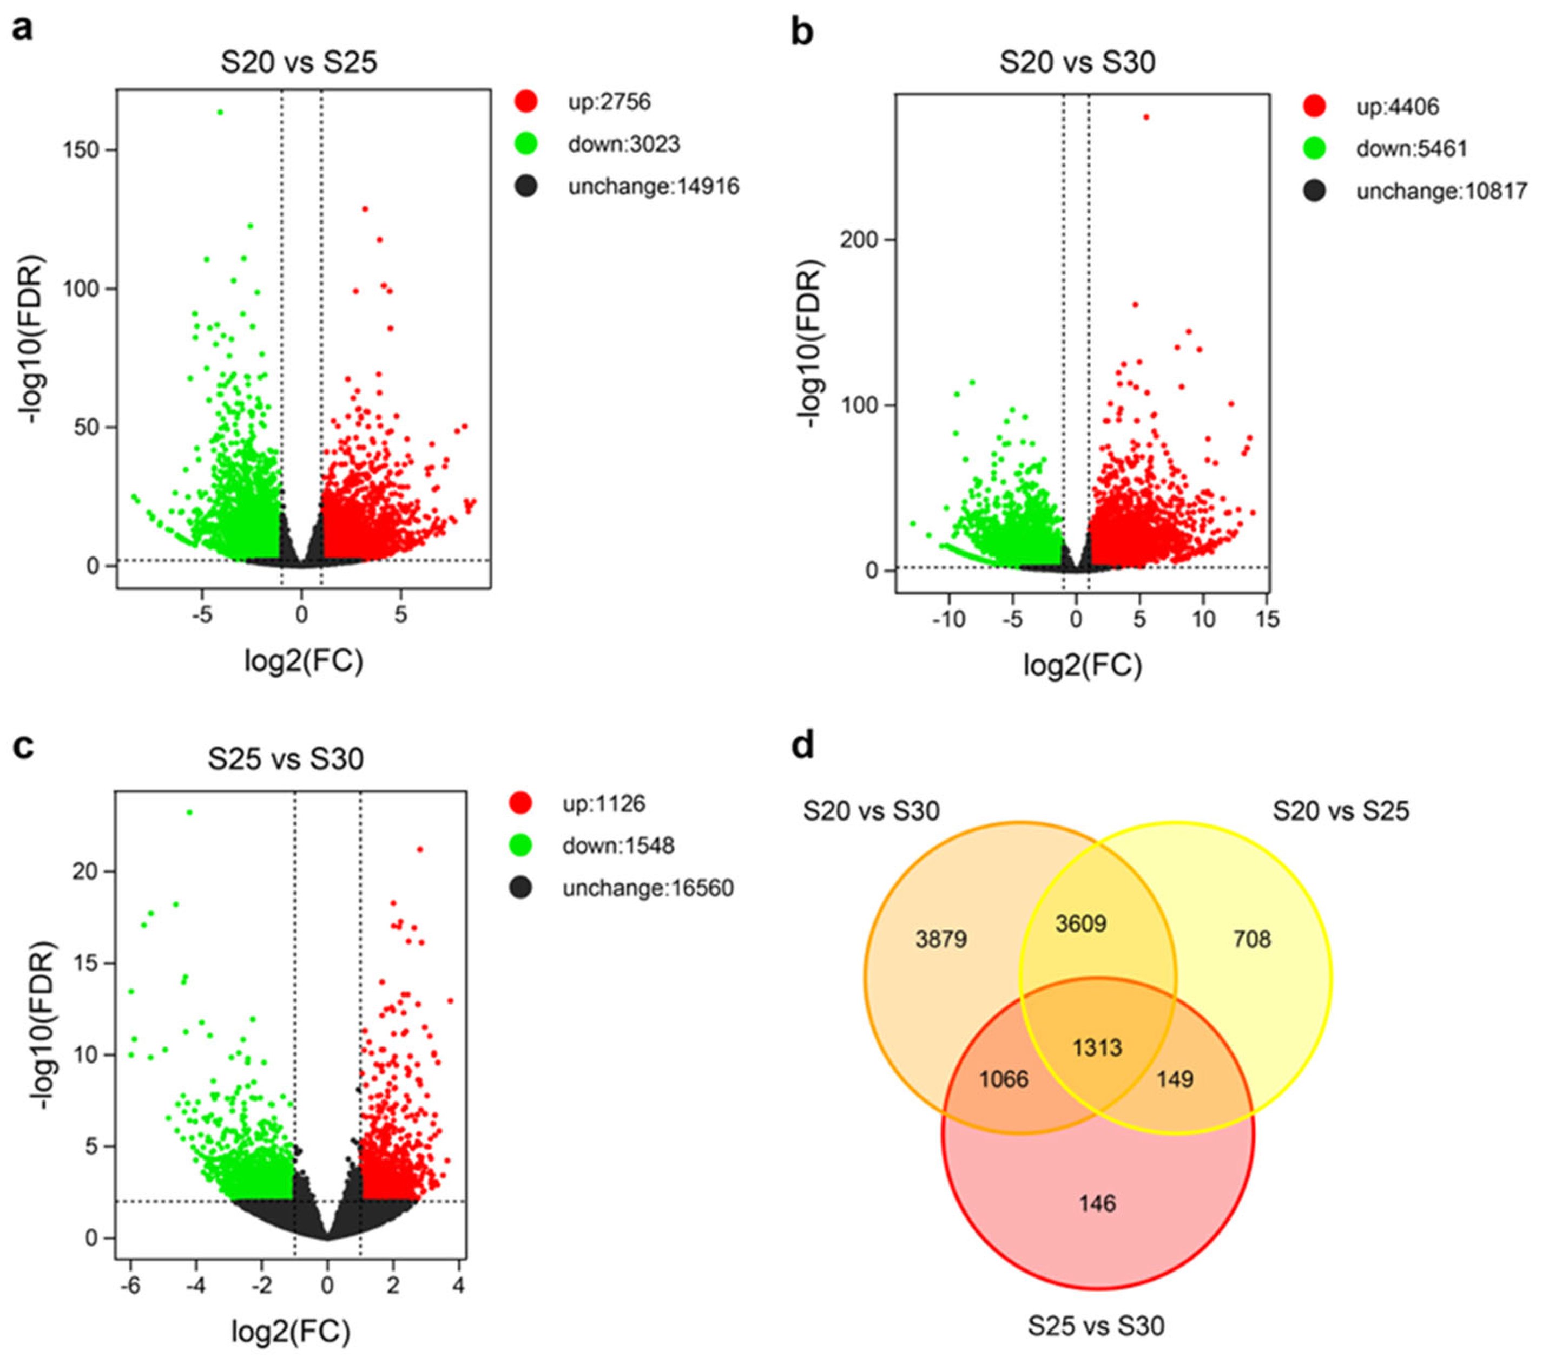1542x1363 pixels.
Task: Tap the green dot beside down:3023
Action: pyautogui.click(x=526, y=143)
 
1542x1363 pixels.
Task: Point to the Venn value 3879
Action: pyautogui.click(x=941, y=939)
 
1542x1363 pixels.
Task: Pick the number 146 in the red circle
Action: pyautogui.click(x=1097, y=1203)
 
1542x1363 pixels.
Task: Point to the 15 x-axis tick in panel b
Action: pyautogui.click(x=1267, y=620)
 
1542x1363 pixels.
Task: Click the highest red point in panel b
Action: pyautogui.click(x=1146, y=117)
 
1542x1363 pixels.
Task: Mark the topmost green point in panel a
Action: pyautogui.click(x=220, y=113)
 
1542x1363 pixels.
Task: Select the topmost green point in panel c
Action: pyautogui.click(x=190, y=813)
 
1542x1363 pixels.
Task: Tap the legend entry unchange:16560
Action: pyautogui.click(x=647, y=888)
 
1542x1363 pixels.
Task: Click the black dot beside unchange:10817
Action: pyautogui.click(x=1314, y=191)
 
